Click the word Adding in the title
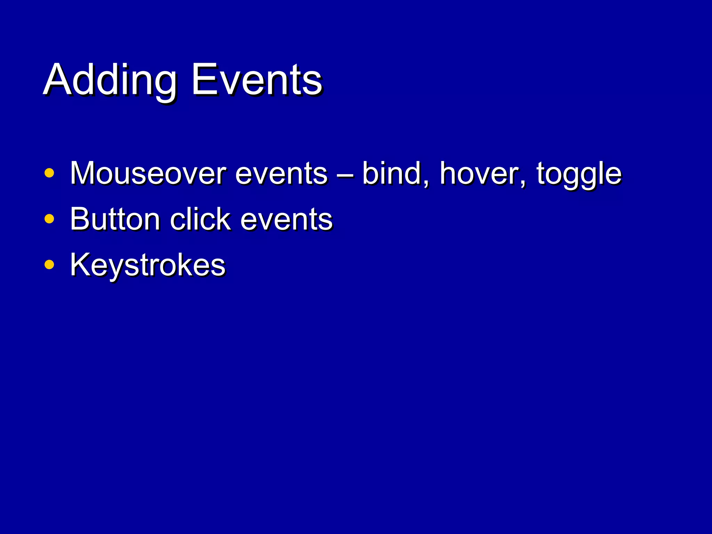click(x=111, y=81)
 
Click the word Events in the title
click(x=257, y=81)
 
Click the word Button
click(x=115, y=219)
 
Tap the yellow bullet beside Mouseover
click(x=49, y=173)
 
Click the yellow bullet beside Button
click(x=49, y=219)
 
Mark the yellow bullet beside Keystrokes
click(x=49, y=265)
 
